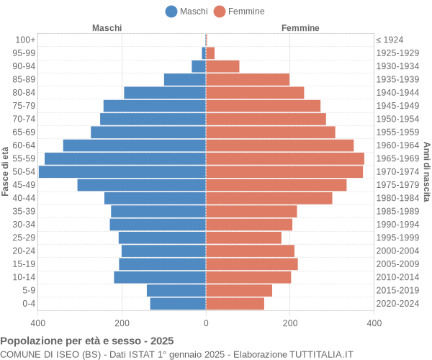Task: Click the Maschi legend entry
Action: (x=186, y=11)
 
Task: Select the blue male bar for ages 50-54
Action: (x=122, y=171)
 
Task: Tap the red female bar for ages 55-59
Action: (x=284, y=158)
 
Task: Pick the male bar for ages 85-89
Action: (x=185, y=79)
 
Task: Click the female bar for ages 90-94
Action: (x=222, y=66)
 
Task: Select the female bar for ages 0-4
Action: (x=235, y=304)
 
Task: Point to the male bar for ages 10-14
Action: (x=160, y=277)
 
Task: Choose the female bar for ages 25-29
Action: (x=243, y=238)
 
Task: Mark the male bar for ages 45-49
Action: (x=142, y=185)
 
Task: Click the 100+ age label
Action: (x=25, y=40)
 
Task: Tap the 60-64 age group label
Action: (x=24, y=145)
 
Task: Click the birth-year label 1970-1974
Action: (x=397, y=171)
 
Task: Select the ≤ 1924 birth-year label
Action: (x=390, y=40)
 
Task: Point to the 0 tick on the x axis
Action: (x=206, y=324)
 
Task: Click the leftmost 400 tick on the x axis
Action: (x=38, y=324)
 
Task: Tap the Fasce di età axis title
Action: (x=5, y=171)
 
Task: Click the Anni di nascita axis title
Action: (x=426, y=171)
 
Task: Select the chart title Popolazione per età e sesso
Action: (x=86, y=341)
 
